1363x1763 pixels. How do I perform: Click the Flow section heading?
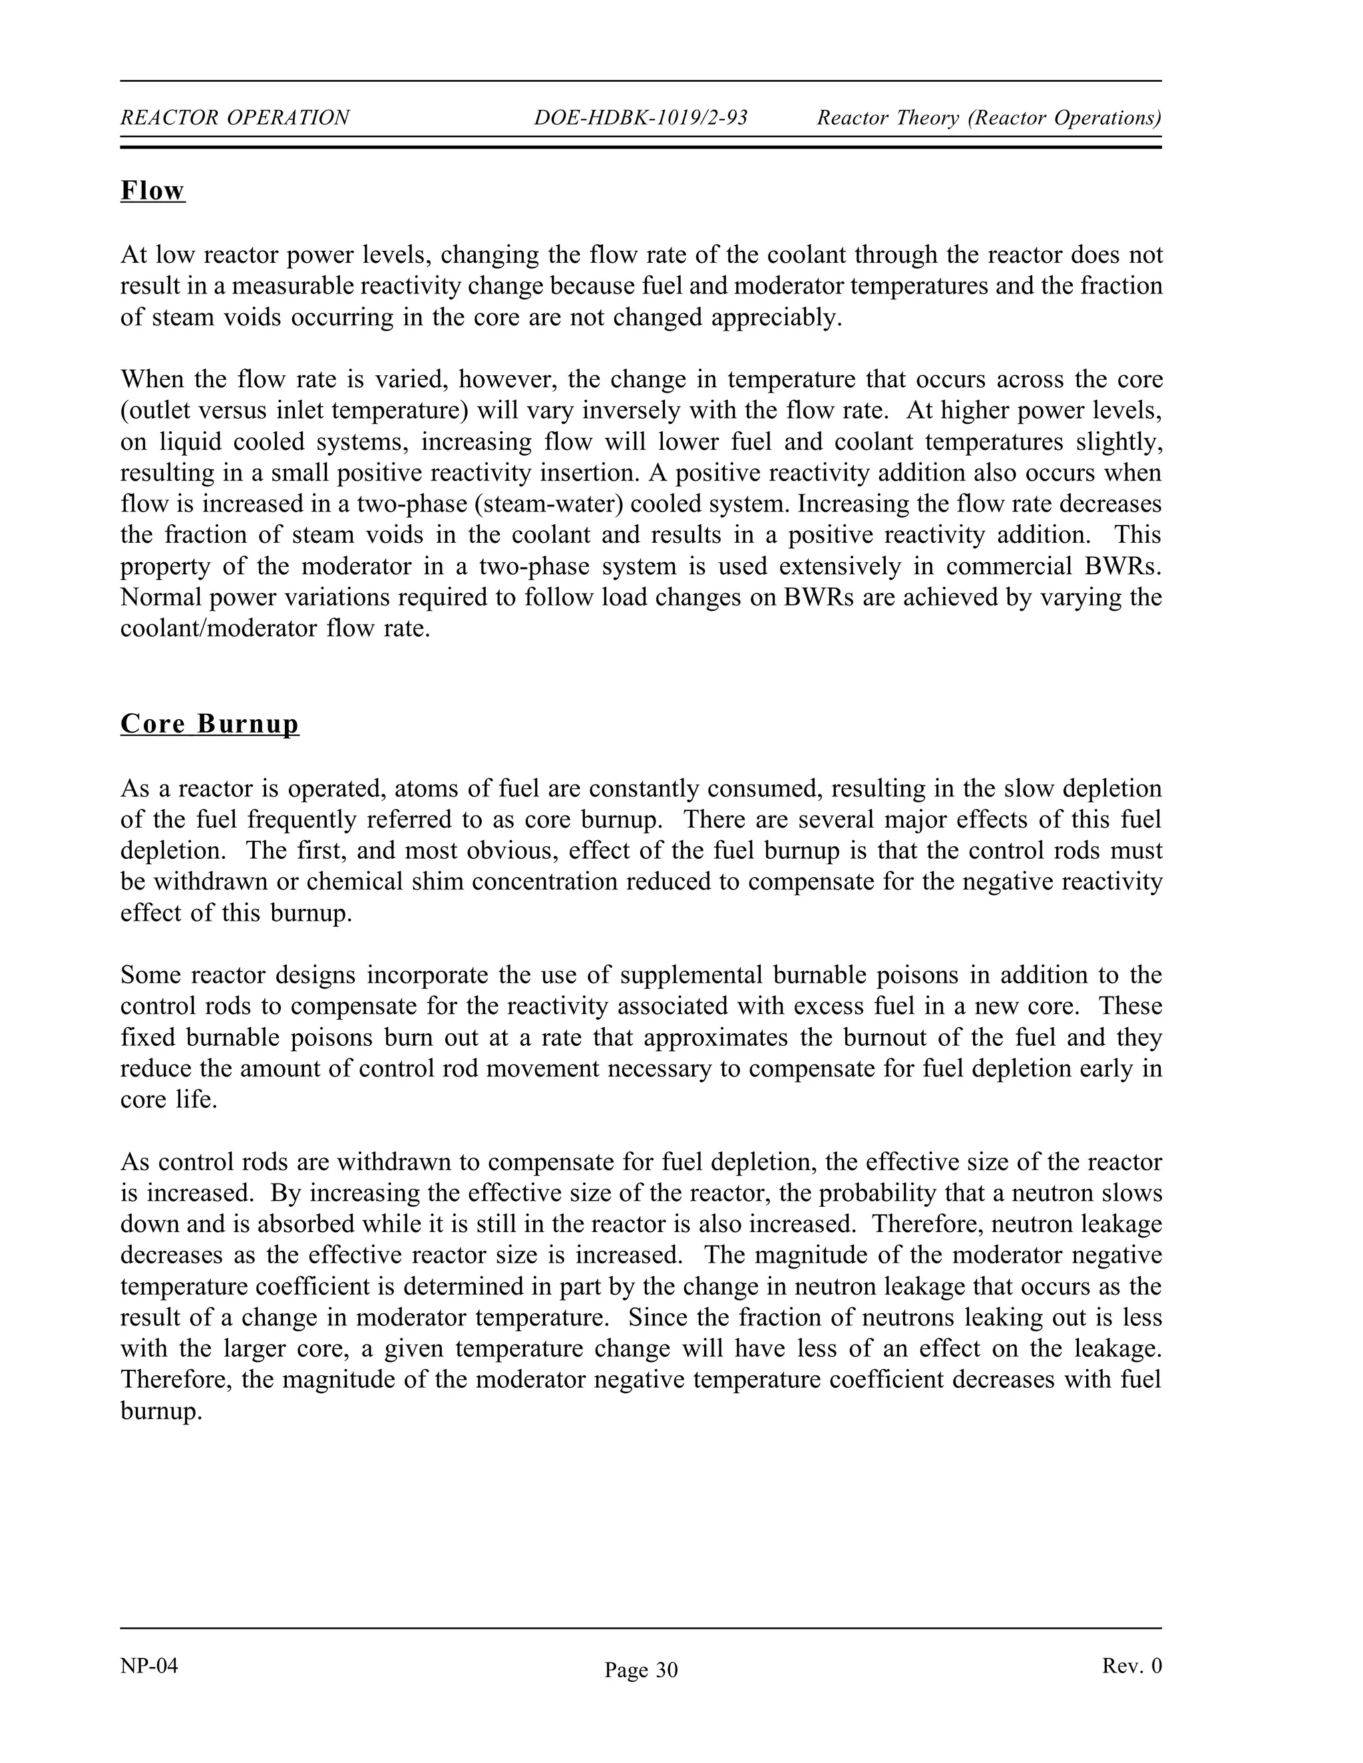click(x=152, y=192)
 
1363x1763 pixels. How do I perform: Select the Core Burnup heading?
click(x=209, y=723)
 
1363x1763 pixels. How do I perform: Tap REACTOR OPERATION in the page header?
click(x=235, y=118)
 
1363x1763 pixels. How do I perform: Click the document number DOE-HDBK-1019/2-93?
click(x=640, y=118)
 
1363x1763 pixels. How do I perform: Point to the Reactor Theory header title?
click(x=988, y=118)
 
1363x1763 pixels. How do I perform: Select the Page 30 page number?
click(x=641, y=1669)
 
